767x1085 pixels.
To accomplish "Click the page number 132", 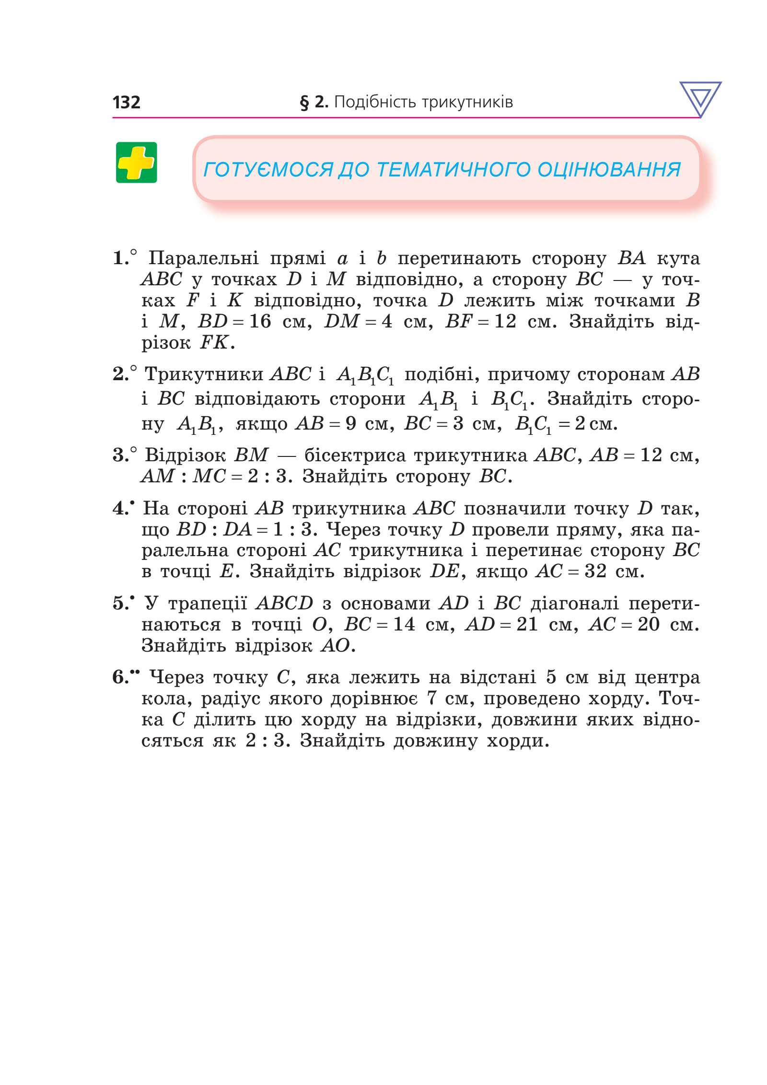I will (126, 102).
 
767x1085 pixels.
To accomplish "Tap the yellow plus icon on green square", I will (136, 163).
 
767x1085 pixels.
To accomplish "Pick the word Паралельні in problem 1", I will (203, 258).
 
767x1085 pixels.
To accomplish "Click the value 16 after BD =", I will (260, 321).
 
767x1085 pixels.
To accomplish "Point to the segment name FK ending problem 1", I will (213, 343).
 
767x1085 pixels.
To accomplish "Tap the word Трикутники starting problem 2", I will (204, 374).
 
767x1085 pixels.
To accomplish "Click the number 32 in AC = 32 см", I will (595, 572).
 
